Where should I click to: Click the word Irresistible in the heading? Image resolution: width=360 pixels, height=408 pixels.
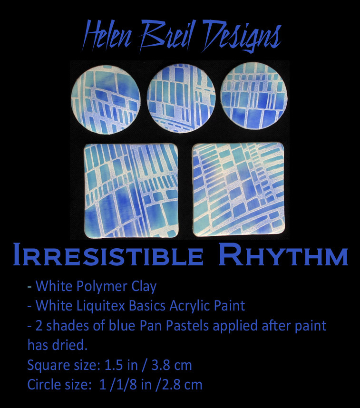click(x=108, y=254)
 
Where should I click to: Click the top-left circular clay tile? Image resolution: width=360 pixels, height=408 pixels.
click(x=106, y=100)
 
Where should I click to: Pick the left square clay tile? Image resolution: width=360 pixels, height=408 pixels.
click(x=131, y=190)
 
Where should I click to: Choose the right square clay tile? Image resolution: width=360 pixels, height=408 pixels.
click(x=239, y=189)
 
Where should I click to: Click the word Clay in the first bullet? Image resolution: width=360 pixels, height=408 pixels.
click(x=144, y=286)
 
